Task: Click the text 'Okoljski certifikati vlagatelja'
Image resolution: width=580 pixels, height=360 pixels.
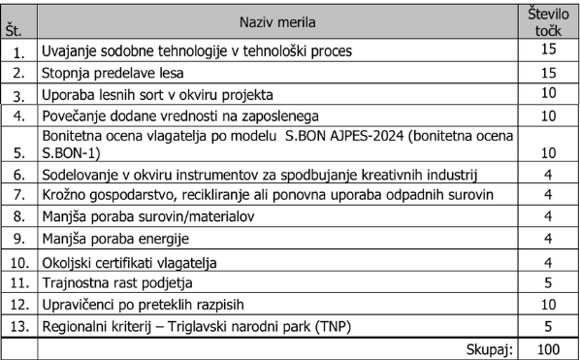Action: pyautogui.click(x=127, y=263)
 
